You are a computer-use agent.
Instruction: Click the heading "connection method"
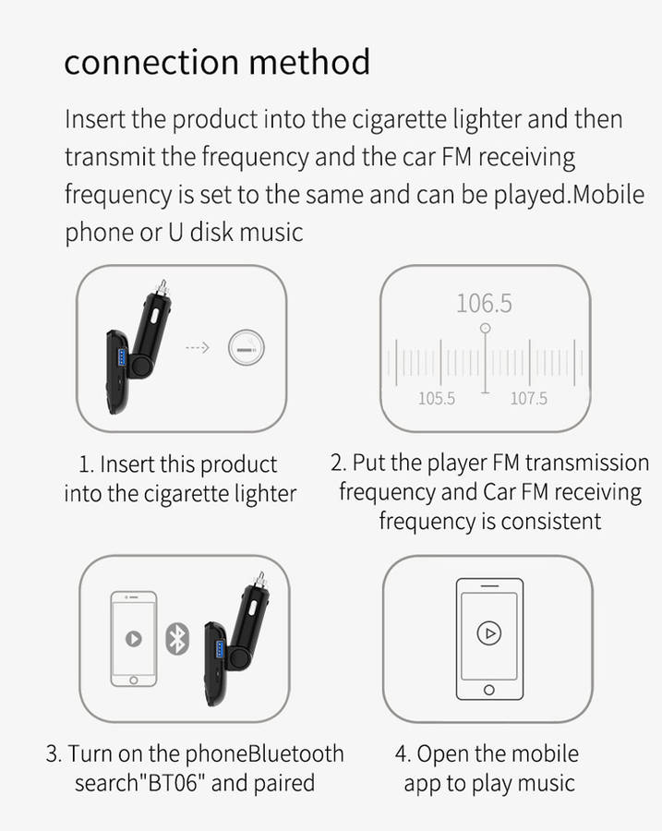(x=217, y=62)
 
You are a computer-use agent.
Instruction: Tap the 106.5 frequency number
(x=484, y=304)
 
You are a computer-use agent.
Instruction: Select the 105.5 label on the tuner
(x=436, y=399)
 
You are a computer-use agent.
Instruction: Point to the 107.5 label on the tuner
(x=528, y=399)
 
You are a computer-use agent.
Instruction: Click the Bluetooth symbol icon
(x=177, y=639)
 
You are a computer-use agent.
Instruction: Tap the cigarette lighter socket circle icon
(x=246, y=348)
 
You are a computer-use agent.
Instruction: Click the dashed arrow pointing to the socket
(x=198, y=348)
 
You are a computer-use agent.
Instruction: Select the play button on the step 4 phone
(x=488, y=632)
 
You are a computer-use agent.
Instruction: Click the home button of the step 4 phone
(x=489, y=690)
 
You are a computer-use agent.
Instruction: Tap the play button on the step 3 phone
(x=134, y=639)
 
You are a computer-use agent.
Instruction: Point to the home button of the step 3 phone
(x=134, y=680)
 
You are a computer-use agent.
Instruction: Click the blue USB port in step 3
(x=220, y=650)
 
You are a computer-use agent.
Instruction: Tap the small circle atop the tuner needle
(x=485, y=329)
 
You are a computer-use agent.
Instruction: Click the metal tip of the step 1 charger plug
(x=162, y=287)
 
